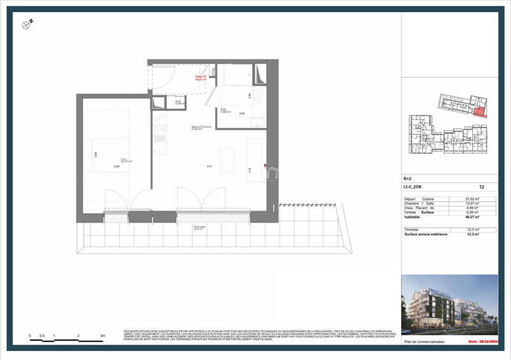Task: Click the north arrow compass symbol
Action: coord(27,24)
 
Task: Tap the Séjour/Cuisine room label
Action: coord(201,128)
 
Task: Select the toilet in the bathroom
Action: coord(256,96)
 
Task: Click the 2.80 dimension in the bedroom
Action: coord(117,167)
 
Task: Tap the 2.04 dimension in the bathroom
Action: coord(242,114)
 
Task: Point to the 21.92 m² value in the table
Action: coord(473,199)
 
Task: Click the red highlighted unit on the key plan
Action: coord(480,111)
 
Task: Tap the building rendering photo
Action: coord(450,305)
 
